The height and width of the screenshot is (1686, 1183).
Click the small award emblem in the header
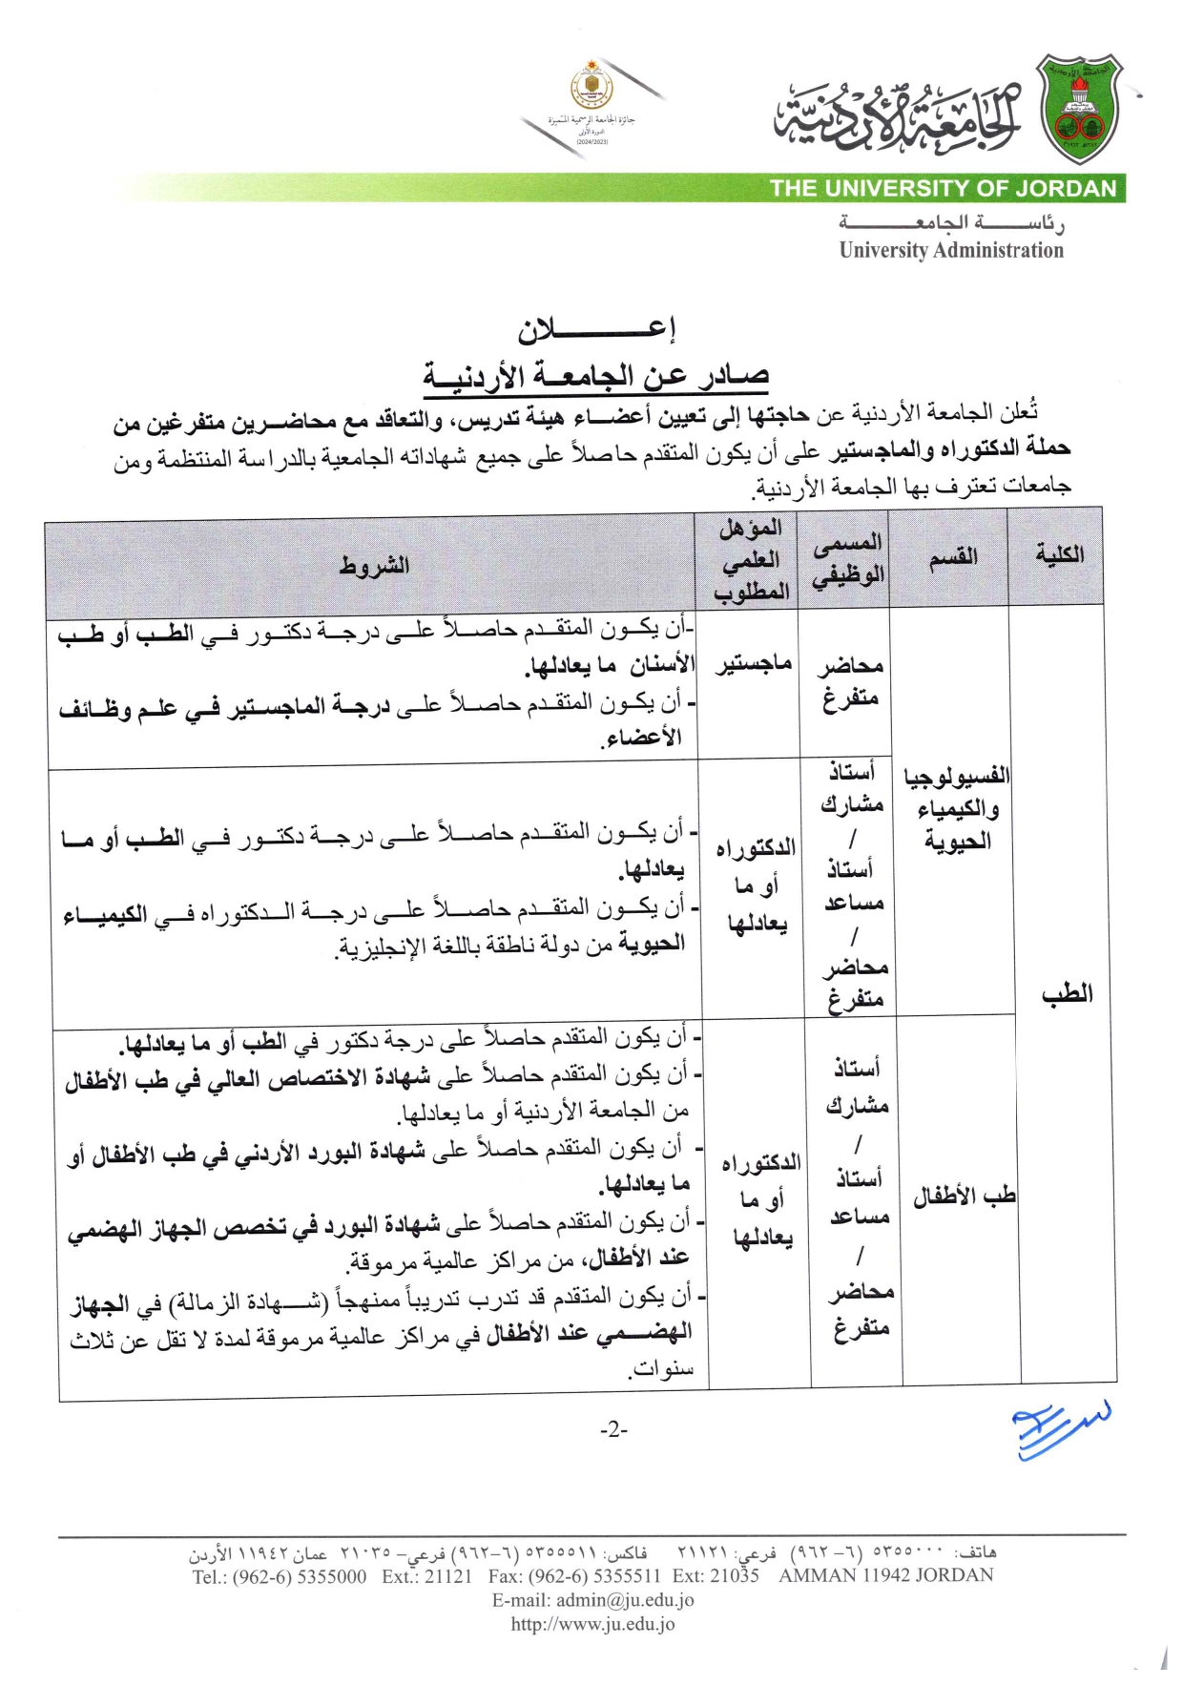(591, 88)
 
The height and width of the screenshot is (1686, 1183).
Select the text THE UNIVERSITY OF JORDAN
(943, 188)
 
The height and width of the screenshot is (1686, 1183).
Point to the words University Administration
(951, 250)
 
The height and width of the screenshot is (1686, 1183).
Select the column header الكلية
(1059, 554)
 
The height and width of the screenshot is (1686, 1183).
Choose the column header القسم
(953, 556)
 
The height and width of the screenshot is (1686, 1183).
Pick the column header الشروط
(374, 565)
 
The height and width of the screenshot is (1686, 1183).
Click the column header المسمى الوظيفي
(848, 558)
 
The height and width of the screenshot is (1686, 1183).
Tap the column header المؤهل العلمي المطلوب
(751, 559)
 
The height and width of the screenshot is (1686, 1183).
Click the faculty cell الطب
(1067, 993)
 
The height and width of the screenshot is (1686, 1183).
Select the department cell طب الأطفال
(964, 1196)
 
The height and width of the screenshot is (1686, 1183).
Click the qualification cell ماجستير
(754, 662)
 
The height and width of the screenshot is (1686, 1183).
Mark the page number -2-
(613, 1429)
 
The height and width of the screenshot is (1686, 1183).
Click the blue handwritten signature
(1059, 1427)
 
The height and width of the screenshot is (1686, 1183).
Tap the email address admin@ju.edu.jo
(592, 1600)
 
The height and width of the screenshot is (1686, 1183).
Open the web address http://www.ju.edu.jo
(592, 1624)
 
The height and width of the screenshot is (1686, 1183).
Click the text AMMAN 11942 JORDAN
(885, 1575)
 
